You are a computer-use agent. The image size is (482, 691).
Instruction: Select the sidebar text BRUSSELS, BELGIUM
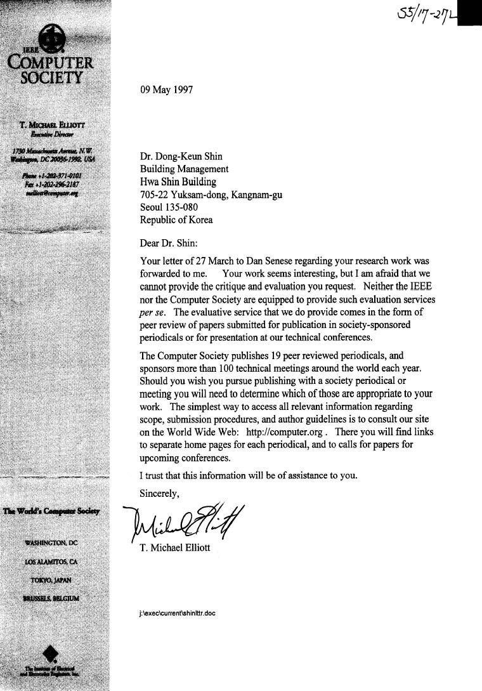pyautogui.click(x=55, y=598)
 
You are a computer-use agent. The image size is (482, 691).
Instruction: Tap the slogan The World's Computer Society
pyautogui.click(x=55, y=511)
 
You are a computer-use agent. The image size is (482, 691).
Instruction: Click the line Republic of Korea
pyautogui.click(x=176, y=220)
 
